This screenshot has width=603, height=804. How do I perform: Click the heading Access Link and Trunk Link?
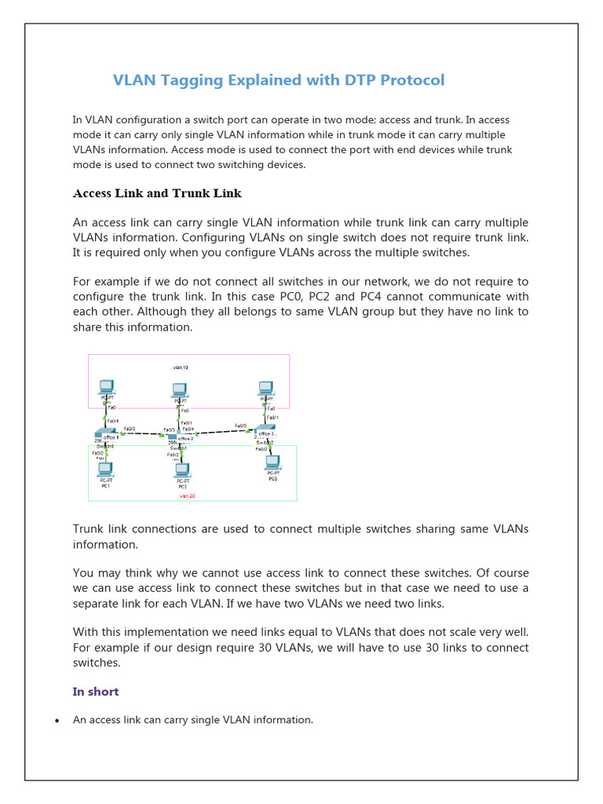point(157,193)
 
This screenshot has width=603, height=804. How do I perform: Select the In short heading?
point(95,692)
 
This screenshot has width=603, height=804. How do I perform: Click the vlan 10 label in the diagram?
point(180,367)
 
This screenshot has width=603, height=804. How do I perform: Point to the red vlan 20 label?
point(186,495)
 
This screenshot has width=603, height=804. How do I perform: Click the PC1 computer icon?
point(104,470)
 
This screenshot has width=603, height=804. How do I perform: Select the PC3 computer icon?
point(181,470)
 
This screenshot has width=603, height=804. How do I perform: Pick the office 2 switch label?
point(185,438)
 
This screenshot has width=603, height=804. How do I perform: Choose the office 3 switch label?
point(265,433)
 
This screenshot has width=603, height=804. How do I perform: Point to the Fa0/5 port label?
point(240,426)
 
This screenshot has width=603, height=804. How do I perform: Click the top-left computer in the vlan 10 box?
point(106,387)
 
